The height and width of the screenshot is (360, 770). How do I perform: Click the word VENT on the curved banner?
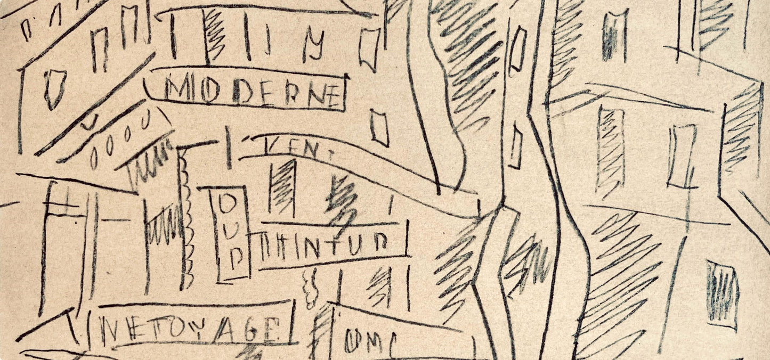tap(291, 149)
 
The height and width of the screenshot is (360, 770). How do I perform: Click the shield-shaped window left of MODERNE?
tap(54, 88)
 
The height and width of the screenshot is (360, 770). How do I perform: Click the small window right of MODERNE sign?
tap(379, 127)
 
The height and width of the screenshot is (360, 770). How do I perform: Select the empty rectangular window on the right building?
tap(682, 157)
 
